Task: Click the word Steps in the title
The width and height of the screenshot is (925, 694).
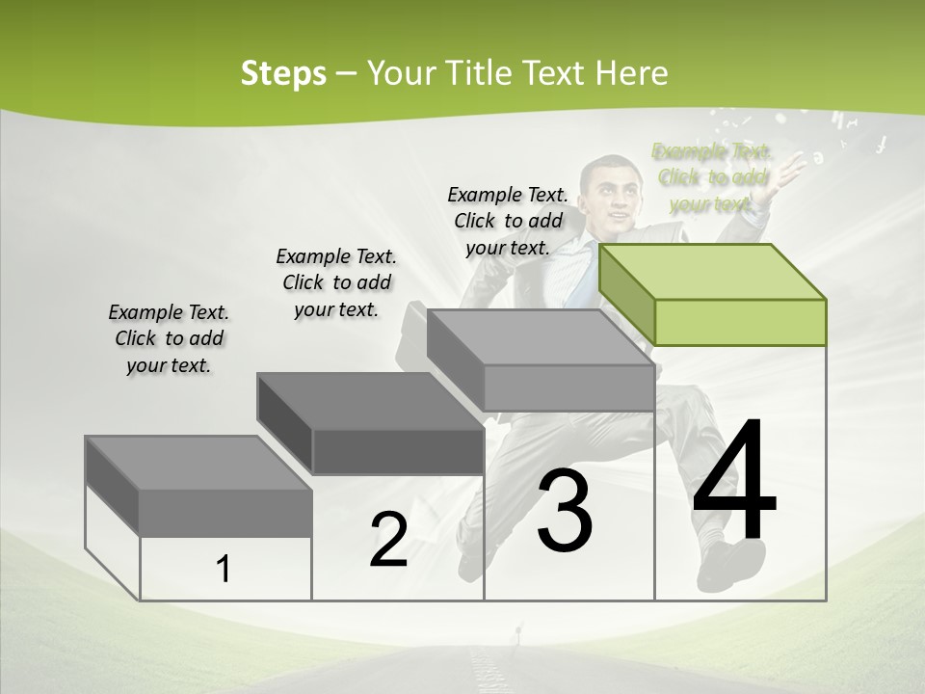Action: point(282,73)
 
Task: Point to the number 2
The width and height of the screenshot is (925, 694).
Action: point(388,540)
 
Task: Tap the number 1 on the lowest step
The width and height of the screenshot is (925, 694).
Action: point(224,570)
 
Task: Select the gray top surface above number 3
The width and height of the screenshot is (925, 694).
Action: point(540,336)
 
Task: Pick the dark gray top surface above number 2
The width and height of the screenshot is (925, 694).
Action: point(370,400)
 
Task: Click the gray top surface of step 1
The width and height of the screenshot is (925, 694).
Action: point(198,463)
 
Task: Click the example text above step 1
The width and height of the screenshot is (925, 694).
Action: point(169,338)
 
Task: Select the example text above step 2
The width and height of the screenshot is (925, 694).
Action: point(336,282)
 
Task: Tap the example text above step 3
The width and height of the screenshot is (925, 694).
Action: point(508,221)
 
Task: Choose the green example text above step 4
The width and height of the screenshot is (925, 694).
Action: point(712,177)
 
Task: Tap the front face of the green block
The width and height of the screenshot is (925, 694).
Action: point(740,322)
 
